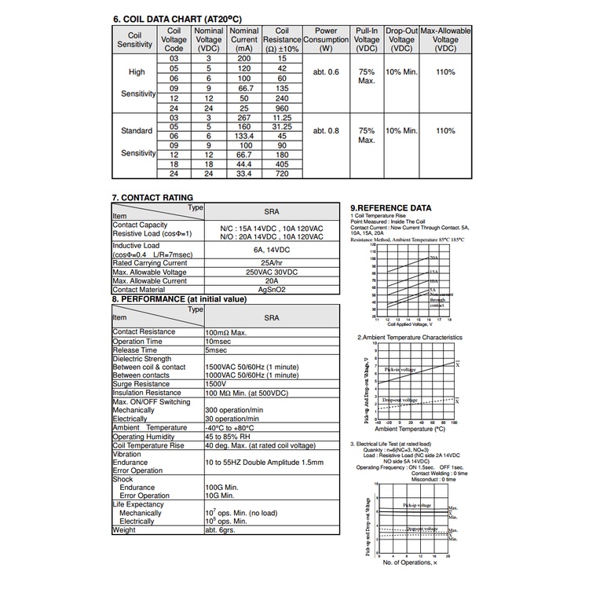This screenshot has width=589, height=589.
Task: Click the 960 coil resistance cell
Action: pyautogui.click(x=283, y=108)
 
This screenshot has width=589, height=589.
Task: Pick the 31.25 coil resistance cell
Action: pyautogui.click(x=283, y=126)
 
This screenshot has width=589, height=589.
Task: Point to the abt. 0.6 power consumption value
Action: pyautogui.click(x=326, y=72)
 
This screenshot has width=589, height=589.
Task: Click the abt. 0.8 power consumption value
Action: pyautogui.click(x=326, y=130)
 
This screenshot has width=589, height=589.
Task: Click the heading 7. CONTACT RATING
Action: pyautogui.click(x=153, y=197)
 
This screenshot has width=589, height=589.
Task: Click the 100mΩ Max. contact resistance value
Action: pyautogui.click(x=233, y=332)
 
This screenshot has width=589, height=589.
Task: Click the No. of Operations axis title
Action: pyautogui.click(x=408, y=562)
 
